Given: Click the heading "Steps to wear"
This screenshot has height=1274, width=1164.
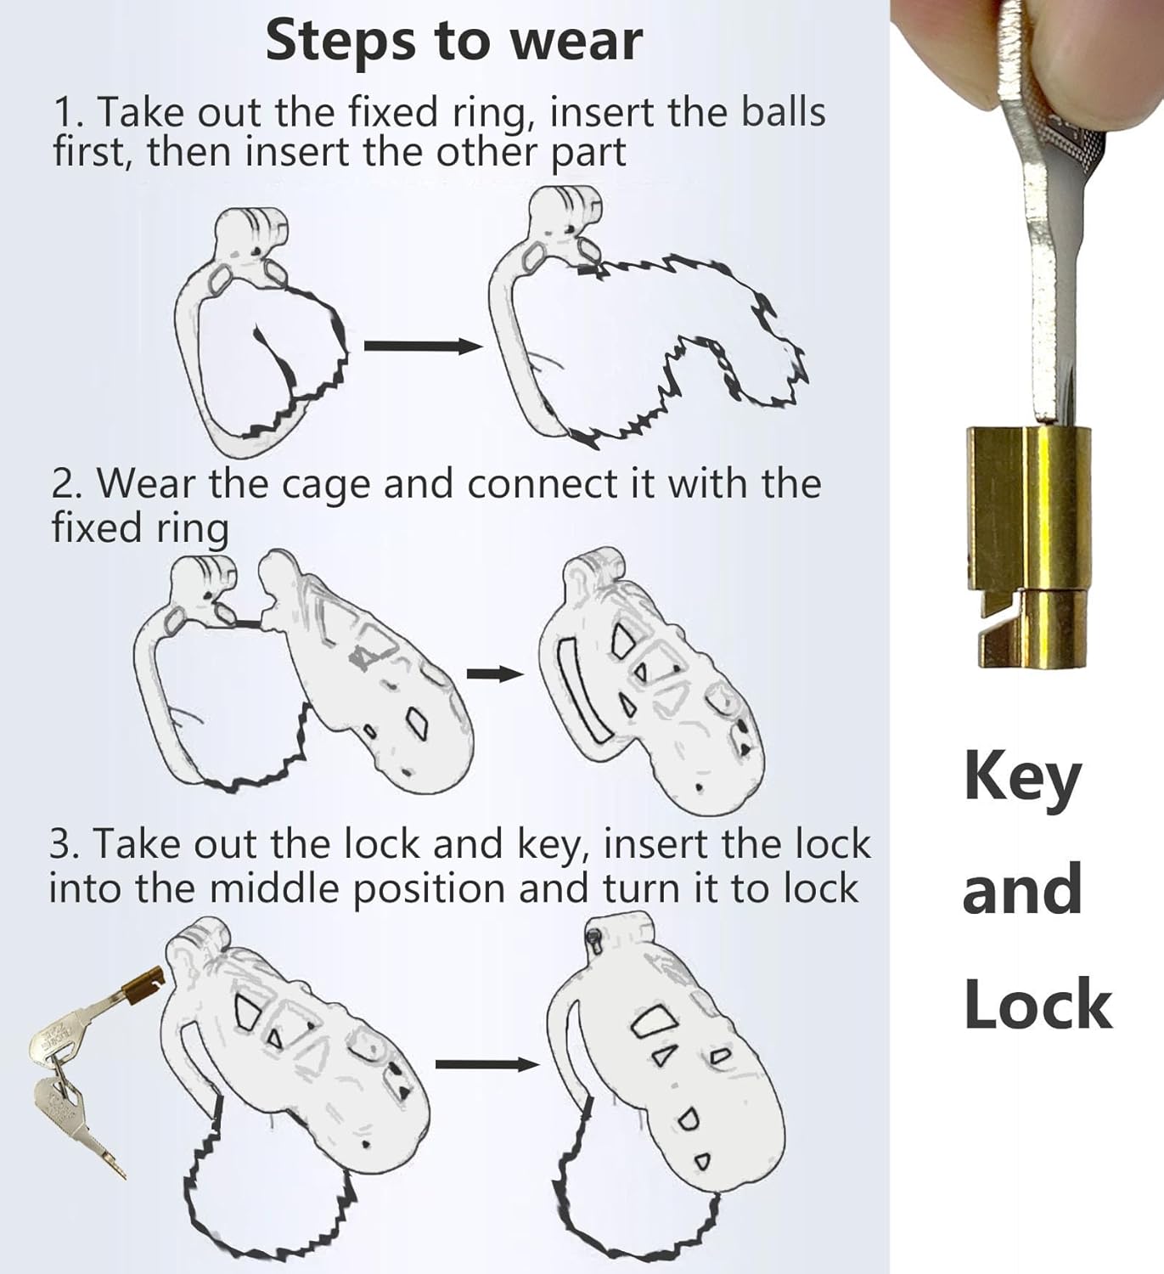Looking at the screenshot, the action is click(x=454, y=42).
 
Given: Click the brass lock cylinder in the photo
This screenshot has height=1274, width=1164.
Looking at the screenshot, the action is click(x=1029, y=546).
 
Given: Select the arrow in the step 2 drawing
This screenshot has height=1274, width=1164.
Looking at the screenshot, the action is click(x=495, y=674).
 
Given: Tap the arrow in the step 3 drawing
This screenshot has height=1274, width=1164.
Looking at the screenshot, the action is click(x=487, y=1064).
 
